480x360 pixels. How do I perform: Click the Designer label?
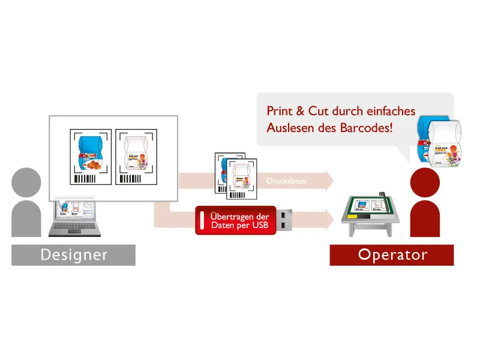[x=73, y=254]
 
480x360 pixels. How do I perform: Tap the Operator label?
[x=392, y=254]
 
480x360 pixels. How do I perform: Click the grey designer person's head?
[x=26, y=182]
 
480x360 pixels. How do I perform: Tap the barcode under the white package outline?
[x=131, y=179]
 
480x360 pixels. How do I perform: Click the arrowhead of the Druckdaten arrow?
[x=329, y=180]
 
